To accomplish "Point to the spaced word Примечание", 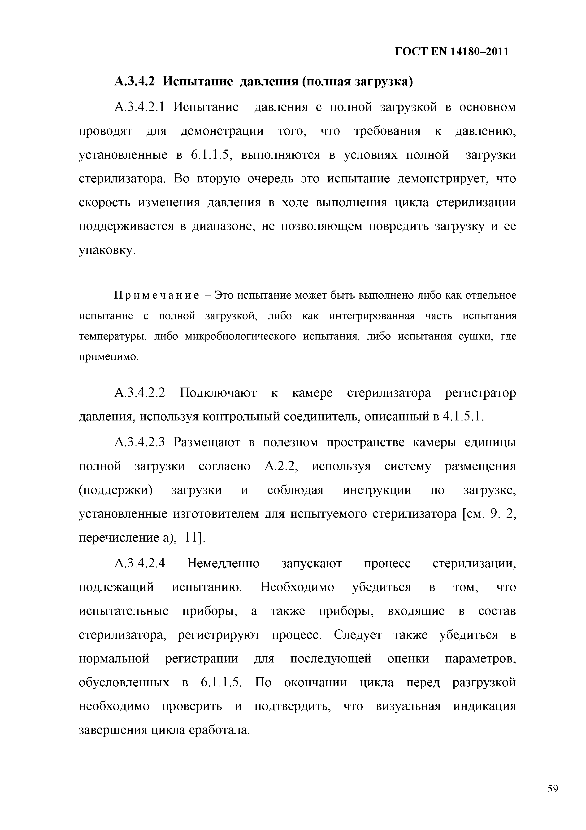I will coord(156,295).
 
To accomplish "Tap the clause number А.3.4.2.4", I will coord(139,563).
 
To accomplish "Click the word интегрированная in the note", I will coord(372,316).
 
